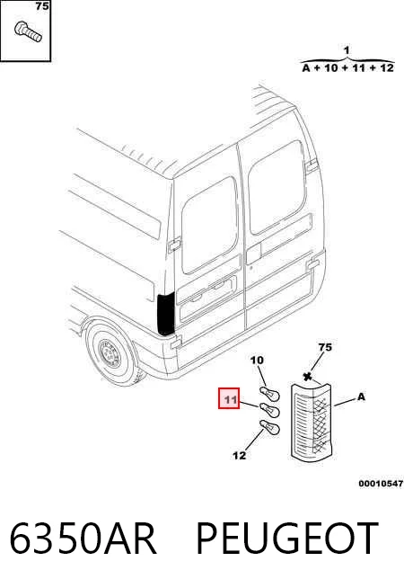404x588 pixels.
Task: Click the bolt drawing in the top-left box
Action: [x=28, y=31]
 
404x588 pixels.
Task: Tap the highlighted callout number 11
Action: [x=229, y=398]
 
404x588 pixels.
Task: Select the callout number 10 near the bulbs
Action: [x=257, y=361]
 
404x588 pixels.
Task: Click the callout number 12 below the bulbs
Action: [x=239, y=456]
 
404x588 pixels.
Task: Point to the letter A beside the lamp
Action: [x=361, y=396]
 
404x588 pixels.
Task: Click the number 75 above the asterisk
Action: [x=325, y=347]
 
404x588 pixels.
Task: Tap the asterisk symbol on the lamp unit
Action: [x=308, y=377]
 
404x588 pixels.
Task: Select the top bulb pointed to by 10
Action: [x=269, y=395]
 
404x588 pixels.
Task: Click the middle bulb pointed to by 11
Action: [x=269, y=410]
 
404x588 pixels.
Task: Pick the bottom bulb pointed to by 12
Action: [x=269, y=427]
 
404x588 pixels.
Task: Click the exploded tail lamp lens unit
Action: [x=312, y=423]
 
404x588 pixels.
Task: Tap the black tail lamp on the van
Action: [x=166, y=315]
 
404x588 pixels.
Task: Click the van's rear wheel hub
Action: [x=110, y=354]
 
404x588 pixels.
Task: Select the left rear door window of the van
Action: [x=210, y=225]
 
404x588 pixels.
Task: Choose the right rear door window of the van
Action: [x=277, y=188]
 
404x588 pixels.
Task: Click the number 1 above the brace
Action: [x=347, y=50]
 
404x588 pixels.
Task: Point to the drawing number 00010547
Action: [x=381, y=484]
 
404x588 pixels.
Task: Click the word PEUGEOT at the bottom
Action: [x=287, y=538]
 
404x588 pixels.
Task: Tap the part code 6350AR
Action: [x=83, y=538]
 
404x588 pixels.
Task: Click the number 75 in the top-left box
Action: [x=42, y=6]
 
